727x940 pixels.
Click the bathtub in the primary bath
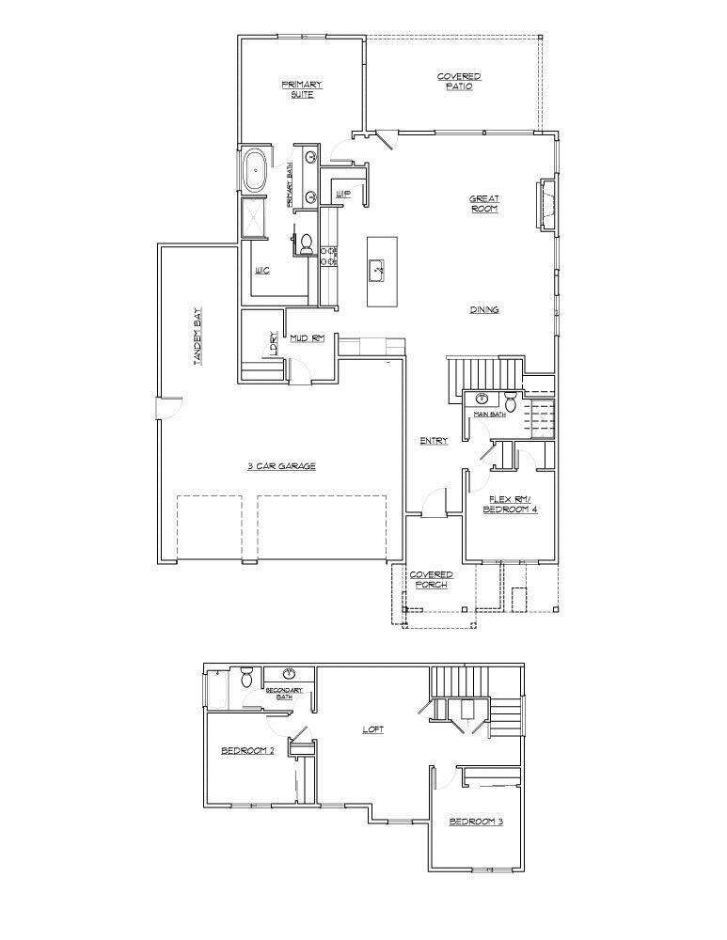(x=255, y=171)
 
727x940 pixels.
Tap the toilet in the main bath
(x=510, y=399)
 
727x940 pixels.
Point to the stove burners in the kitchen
(x=329, y=257)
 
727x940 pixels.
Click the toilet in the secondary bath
(x=246, y=676)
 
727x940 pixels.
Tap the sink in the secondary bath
(x=289, y=675)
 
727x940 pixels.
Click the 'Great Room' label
(x=485, y=203)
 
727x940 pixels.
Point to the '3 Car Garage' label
(x=281, y=466)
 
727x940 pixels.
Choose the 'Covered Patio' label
(x=459, y=82)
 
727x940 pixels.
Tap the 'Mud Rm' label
(x=307, y=337)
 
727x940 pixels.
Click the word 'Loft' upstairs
(x=373, y=729)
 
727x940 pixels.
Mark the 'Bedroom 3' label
(x=476, y=822)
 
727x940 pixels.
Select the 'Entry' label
(x=434, y=441)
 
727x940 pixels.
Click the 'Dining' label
(x=485, y=309)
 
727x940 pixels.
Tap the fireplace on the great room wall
(x=544, y=203)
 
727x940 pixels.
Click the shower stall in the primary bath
(x=255, y=218)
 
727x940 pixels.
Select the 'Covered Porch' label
(x=431, y=580)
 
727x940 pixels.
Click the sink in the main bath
(x=482, y=399)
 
